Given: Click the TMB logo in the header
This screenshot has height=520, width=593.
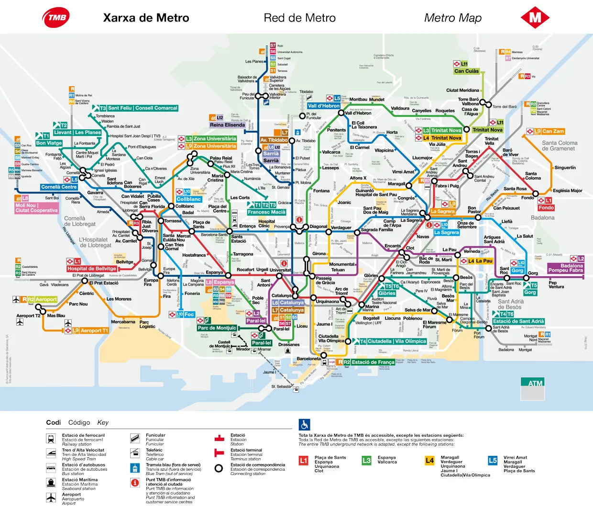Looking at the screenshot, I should click(56, 18).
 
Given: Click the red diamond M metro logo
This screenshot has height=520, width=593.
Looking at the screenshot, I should click(535, 18).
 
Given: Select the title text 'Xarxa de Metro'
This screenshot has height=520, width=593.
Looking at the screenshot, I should click(146, 18).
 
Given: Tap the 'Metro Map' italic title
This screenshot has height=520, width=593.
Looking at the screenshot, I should click(452, 18).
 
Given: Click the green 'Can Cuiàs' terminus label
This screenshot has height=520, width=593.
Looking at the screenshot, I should click(466, 71).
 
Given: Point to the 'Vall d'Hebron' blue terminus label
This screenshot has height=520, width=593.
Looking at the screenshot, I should click(324, 106).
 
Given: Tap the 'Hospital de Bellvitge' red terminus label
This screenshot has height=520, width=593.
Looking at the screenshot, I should click(92, 269).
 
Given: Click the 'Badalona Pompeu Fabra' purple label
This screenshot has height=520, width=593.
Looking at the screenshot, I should click(565, 268).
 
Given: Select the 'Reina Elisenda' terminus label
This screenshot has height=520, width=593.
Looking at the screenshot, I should click(227, 125).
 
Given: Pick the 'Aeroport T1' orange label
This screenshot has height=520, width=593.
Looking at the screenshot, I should click(94, 330).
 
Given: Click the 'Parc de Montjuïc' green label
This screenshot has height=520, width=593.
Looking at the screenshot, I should click(217, 328).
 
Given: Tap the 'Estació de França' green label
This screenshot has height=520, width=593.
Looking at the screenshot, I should click(373, 362).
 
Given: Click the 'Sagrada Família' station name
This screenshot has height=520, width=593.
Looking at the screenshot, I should click(377, 230).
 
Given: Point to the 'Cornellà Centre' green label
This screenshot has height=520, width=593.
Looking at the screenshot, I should click(59, 187).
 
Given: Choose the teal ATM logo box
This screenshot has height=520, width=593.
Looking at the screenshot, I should click(535, 383).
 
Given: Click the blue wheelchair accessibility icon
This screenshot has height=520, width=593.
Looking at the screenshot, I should click(304, 425).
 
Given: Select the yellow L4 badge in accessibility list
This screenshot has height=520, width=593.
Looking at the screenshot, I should click(429, 461).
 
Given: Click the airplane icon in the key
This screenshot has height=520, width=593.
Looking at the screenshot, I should click(51, 498).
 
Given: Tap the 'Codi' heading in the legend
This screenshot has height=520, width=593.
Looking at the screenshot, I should click(53, 422).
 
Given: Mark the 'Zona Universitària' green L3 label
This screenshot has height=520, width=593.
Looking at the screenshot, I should click(214, 139).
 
